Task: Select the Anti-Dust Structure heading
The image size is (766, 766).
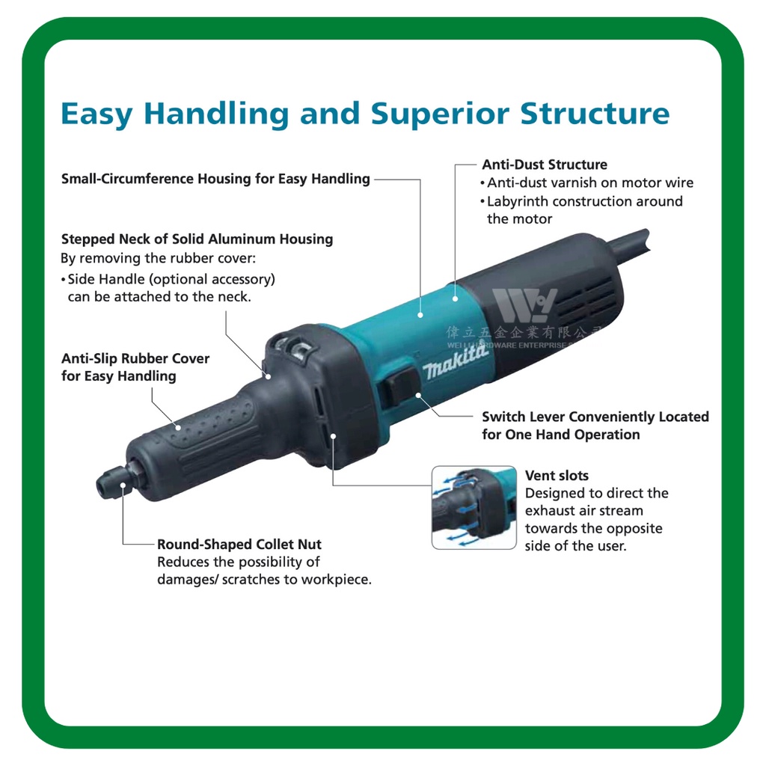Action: pyautogui.click(x=544, y=165)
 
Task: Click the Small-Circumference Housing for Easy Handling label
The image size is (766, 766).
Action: pyautogui.click(x=215, y=179)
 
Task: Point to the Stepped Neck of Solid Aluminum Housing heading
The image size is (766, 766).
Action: pyautogui.click(x=197, y=239)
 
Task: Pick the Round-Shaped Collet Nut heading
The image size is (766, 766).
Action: pyautogui.click(x=239, y=544)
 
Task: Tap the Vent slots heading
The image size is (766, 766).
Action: pyautogui.click(x=557, y=476)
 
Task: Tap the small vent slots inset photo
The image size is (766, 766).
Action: pyautogui.click(x=474, y=508)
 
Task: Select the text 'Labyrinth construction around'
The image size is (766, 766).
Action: pyautogui.click(x=584, y=201)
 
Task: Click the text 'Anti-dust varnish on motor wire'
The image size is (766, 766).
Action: pyautogui.click(x=590, y=183)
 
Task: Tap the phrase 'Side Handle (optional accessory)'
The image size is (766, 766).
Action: pyautogui.click(x=171, y=279)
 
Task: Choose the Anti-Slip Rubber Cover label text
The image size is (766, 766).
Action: pyautogui.click(x=135, y=367)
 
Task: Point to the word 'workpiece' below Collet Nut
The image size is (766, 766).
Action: pyautogui.click(x=336, y=580)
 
